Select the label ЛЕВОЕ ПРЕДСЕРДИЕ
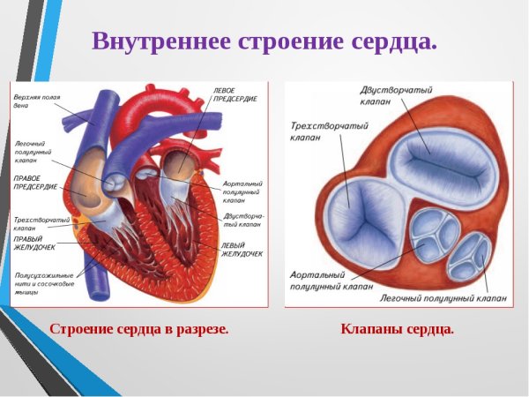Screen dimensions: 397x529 (x=235, y=94)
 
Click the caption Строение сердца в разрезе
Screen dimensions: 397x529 (x=138, y=329)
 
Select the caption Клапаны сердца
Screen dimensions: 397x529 (x=397, y=329)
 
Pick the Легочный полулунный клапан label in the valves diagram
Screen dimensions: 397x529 (x=437, y=299)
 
